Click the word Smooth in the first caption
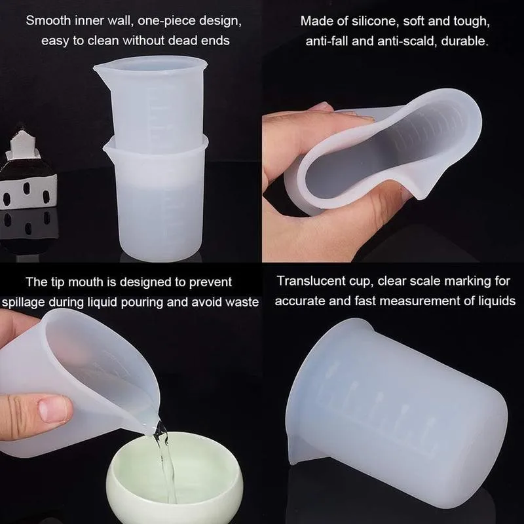[47, 20]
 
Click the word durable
[466, 41]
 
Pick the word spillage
[28, 302]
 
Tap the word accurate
[299, 302]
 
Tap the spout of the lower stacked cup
[106, 152]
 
